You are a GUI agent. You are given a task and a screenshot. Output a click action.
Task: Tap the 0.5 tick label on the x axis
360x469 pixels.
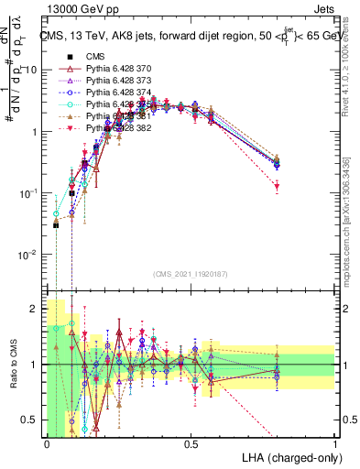click(191, 444)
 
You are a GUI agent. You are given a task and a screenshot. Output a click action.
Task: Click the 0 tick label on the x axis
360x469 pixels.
click(47, 444)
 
